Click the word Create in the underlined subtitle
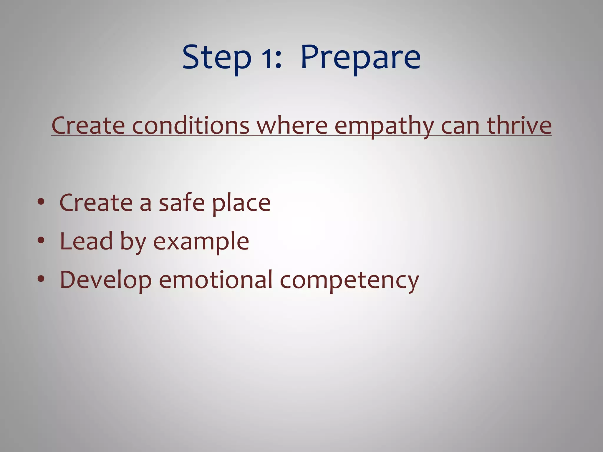click(88, 125)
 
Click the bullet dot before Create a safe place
click(41, 202)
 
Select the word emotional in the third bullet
click(216, 280)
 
